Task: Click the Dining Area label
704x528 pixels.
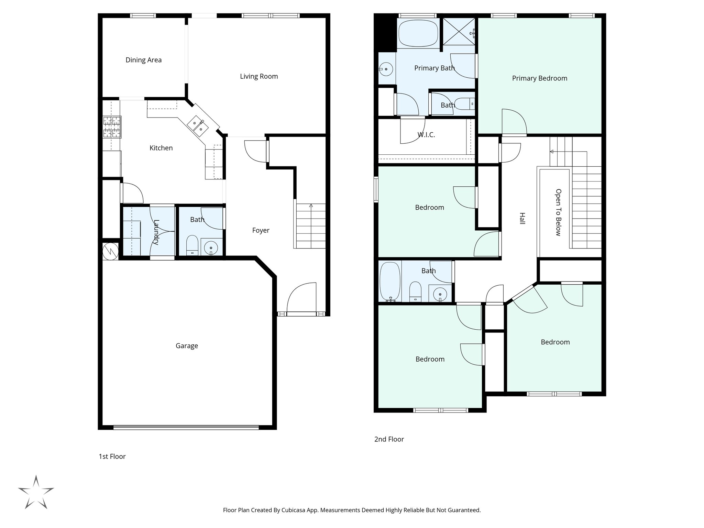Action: tap(143, 60)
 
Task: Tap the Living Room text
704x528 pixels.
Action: tap(259, 76)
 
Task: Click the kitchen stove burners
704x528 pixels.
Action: tap(112, 127)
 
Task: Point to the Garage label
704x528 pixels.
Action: tap(187, 346)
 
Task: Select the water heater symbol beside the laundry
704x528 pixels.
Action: tap(110, 251)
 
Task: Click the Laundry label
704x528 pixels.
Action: tap(156, 232)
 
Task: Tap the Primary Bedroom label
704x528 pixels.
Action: tap(539, 78)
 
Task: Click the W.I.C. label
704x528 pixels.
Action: tap(426, 135)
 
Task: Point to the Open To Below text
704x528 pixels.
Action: tap(558, 212)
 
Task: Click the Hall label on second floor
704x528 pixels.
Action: tap(522, 218)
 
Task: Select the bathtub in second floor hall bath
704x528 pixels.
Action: tap(389, 281)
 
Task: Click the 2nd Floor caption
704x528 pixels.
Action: tap(389, 439)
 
